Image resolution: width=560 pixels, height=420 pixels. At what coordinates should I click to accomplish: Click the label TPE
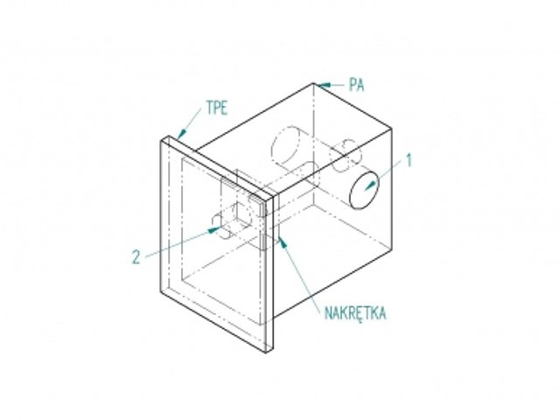(x=217, y=108)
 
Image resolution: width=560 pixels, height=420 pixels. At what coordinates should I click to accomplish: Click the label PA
(x=356, y=85)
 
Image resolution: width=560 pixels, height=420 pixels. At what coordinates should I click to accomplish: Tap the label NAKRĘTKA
(x=355, y=313)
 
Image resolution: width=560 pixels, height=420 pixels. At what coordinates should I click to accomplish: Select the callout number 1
(x=409, y=161)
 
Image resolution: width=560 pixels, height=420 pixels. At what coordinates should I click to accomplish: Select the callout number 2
(x=136, y=256)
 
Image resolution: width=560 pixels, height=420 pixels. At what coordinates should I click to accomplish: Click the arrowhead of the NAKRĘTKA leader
(x=283, y=242)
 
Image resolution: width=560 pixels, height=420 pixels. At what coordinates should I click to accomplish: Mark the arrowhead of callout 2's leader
(x=214, y=229)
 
